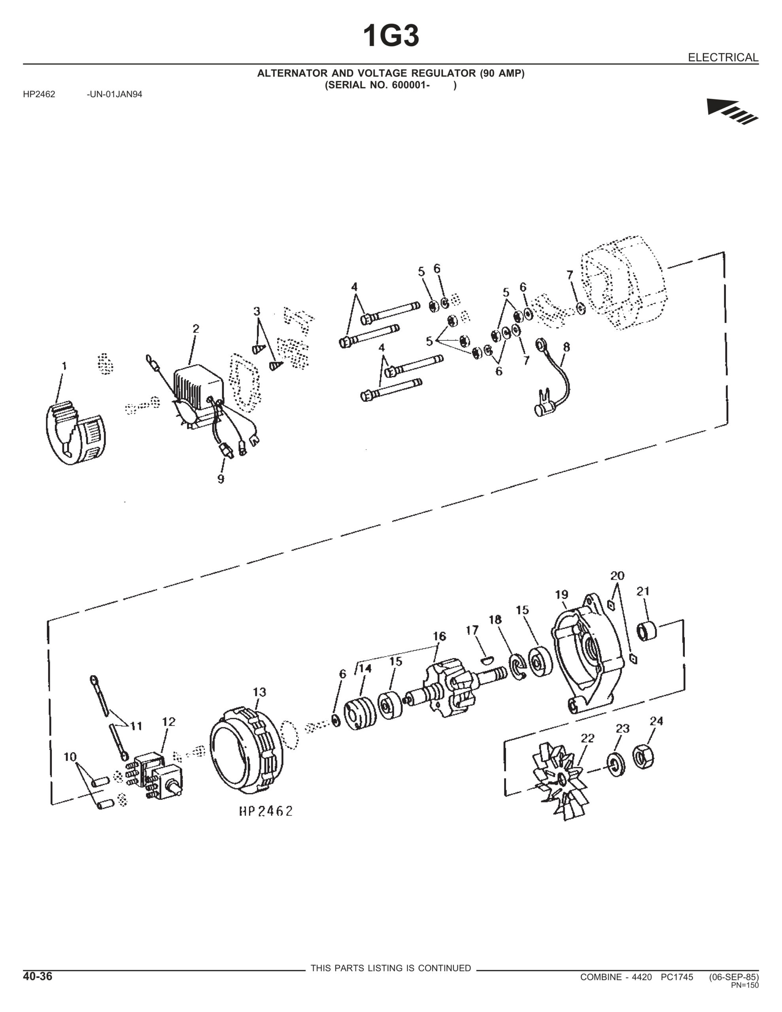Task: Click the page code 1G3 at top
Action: (x=391, y=36)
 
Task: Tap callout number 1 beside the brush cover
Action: (x=64, y=366)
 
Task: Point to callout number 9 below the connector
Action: (x=221, y=479)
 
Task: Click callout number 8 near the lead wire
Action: (x=566, y=347)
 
